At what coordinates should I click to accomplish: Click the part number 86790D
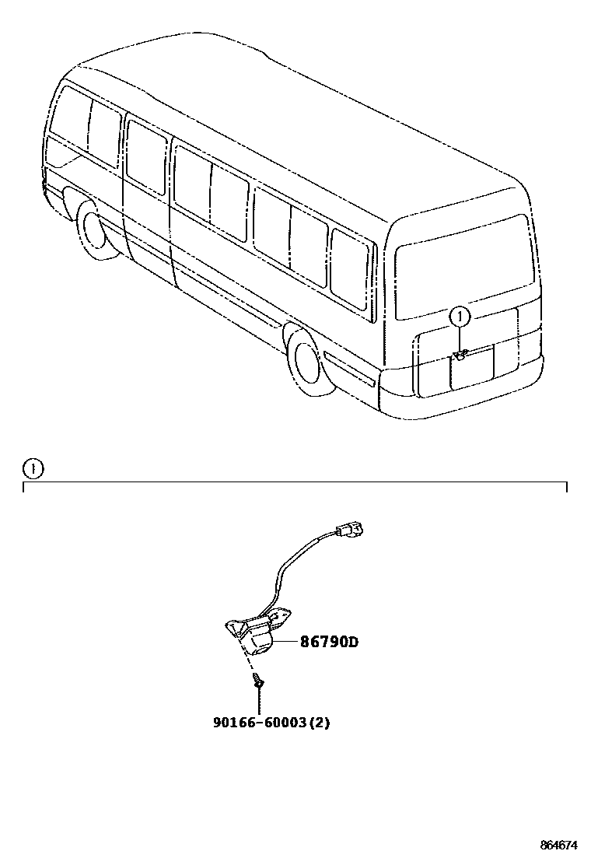pos(330,643)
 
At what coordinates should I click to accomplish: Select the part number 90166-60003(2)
pos(271,722)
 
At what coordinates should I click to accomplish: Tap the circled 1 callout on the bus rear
pos(460,317)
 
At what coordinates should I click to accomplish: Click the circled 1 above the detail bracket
pos(33,469)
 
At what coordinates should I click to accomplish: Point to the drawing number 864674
pos(560,845)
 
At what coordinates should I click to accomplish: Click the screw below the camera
pos(258,681)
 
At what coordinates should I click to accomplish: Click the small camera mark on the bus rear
pos(459,356)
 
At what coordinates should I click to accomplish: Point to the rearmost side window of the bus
pos(351,264)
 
